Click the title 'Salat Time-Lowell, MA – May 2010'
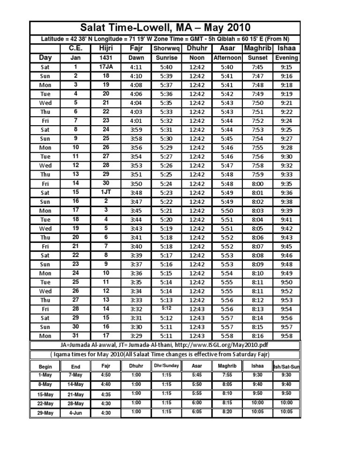(x=165, y=28)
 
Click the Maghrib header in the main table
(x=257, y=48)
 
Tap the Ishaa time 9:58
(x=286, y=336)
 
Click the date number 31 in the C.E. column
(x=75, y=336)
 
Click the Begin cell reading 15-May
(x=46, y=394)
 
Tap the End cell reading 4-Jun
(x=75, y=413)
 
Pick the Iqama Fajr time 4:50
(x=106, y=376)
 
